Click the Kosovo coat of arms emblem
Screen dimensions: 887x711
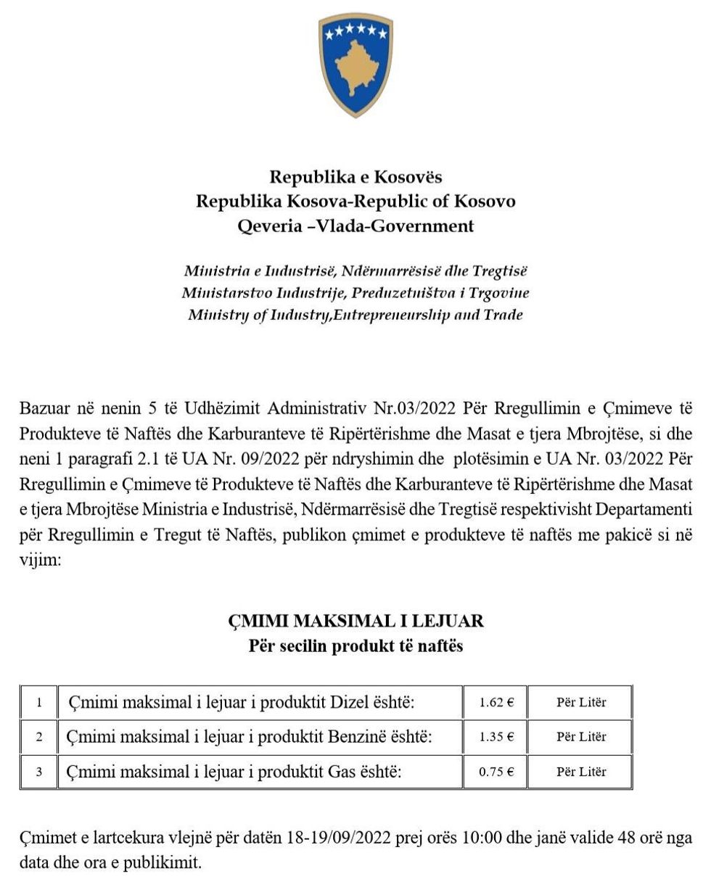(x=355, y=66)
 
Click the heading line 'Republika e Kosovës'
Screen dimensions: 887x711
(x=355, y=177)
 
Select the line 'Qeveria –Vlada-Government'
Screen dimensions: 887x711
(x=355, y=226)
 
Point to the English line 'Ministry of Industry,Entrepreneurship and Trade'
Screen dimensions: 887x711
(x=355, y=315)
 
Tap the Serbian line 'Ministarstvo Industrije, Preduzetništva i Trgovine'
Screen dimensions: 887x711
(x=355, y=293)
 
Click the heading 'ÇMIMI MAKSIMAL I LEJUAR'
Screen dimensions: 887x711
(x=355, y=622)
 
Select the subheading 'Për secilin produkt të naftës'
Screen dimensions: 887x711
(x=355, y=645)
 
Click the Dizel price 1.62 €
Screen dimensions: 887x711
(x=497, y=703)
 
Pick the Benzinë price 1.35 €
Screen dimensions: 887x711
(x=497, y=737)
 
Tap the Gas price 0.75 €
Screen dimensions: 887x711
(x=497, y=772)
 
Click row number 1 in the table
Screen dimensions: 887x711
(x=38, y=703)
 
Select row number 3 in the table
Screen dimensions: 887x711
(x=38, y=772)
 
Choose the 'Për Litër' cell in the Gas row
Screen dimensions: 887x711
(x=581, y=772)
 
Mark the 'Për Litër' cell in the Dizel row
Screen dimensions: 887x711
(x=581, y=703)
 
